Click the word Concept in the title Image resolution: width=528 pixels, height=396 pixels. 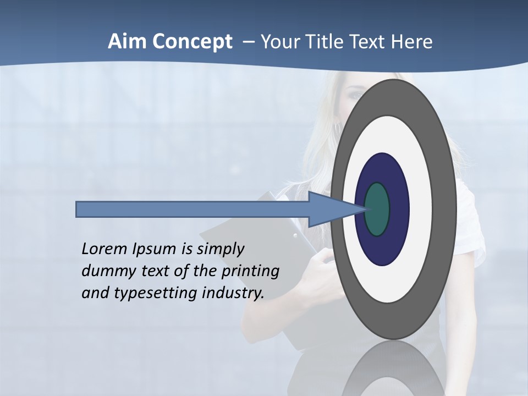click(x=192, y=42)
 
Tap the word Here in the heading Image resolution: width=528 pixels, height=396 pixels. click(x=413, y=42)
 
